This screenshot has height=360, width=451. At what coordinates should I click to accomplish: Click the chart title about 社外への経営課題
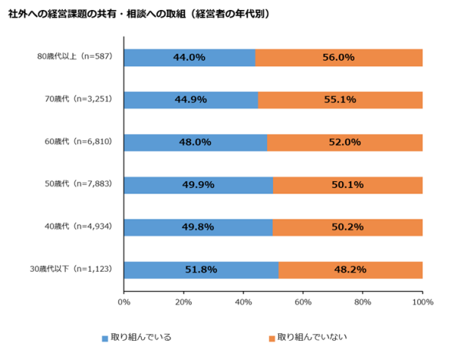138,14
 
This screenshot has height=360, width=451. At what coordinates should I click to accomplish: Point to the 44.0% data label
189,58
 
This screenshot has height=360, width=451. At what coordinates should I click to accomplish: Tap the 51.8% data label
201,270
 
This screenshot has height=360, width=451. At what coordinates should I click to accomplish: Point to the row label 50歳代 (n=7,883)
79,185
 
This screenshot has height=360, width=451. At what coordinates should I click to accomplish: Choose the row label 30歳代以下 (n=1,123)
73,270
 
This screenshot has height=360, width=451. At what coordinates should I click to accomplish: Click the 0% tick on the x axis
124,302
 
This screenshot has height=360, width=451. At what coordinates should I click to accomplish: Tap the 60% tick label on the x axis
304,302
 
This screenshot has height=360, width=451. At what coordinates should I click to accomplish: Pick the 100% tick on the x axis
422,302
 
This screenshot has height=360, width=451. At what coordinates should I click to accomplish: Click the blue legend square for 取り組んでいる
104,338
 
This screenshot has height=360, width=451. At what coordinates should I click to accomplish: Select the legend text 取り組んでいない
308,338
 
